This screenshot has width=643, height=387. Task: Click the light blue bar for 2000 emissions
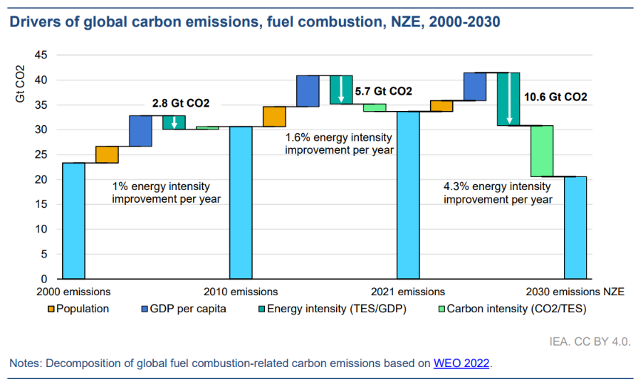point(73,221)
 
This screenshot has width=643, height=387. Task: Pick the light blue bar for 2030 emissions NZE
point(575,228)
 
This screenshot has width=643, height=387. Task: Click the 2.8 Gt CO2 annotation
point(180,103)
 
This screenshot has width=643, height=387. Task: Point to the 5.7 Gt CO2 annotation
point(383,91)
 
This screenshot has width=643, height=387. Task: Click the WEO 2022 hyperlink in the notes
point(461,364)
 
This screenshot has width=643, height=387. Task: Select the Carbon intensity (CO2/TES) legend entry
point(509,309)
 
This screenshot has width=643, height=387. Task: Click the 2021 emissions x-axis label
point(408,292)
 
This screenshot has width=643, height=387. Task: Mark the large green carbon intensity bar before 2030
point(542,151)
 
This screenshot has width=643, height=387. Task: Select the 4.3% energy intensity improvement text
point(497,193)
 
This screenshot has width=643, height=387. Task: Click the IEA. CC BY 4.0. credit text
point(590,342)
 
